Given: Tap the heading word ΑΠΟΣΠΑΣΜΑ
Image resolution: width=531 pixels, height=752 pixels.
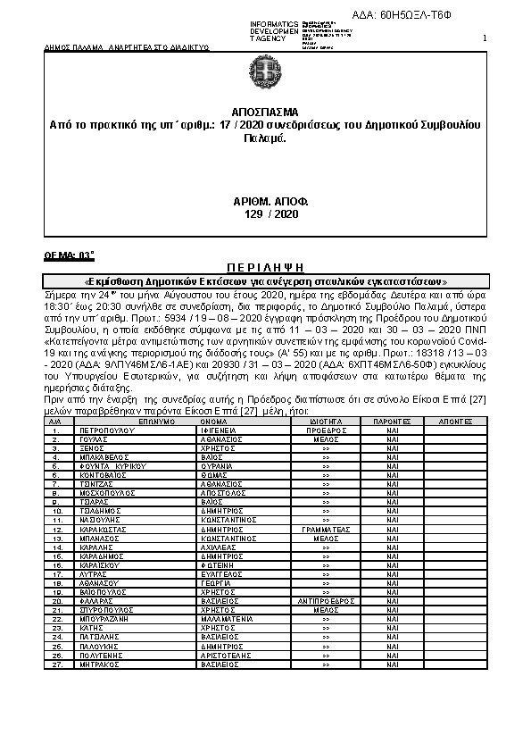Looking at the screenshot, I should [x=264, y=114].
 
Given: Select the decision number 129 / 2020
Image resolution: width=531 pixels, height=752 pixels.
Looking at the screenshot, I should [x=264, y=214].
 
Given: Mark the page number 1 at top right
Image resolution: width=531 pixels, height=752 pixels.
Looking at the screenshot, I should [x=485, y=38].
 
